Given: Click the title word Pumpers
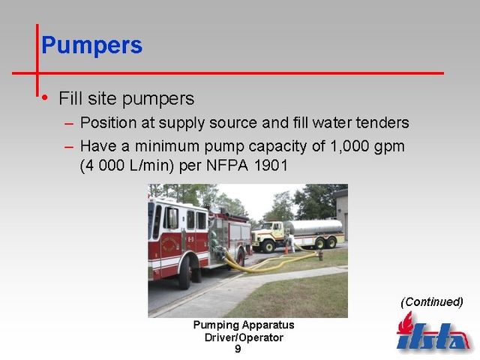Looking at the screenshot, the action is click(x=91, y=46).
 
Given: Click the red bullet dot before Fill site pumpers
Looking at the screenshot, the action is click(x=45, y=97).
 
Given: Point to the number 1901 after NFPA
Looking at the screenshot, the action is click(x=271, y=166).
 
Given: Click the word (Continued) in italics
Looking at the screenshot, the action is click(x=432, y=302).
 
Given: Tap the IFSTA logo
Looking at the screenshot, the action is click(x=433, y=331).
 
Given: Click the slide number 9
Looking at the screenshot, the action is click(x=238, y=349).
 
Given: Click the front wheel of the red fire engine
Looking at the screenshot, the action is click(x=185, y=271).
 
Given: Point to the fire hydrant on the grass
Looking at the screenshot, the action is click(x=320, y=255).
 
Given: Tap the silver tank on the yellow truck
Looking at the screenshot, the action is click(x=313, y=227).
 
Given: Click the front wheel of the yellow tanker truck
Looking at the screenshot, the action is click(x=268, y=246).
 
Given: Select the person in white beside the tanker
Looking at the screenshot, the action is click(x=292, y=243).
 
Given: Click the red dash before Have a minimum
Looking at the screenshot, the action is click(x=69, y=147).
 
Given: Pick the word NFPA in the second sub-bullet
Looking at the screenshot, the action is click(x=226, y=166).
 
